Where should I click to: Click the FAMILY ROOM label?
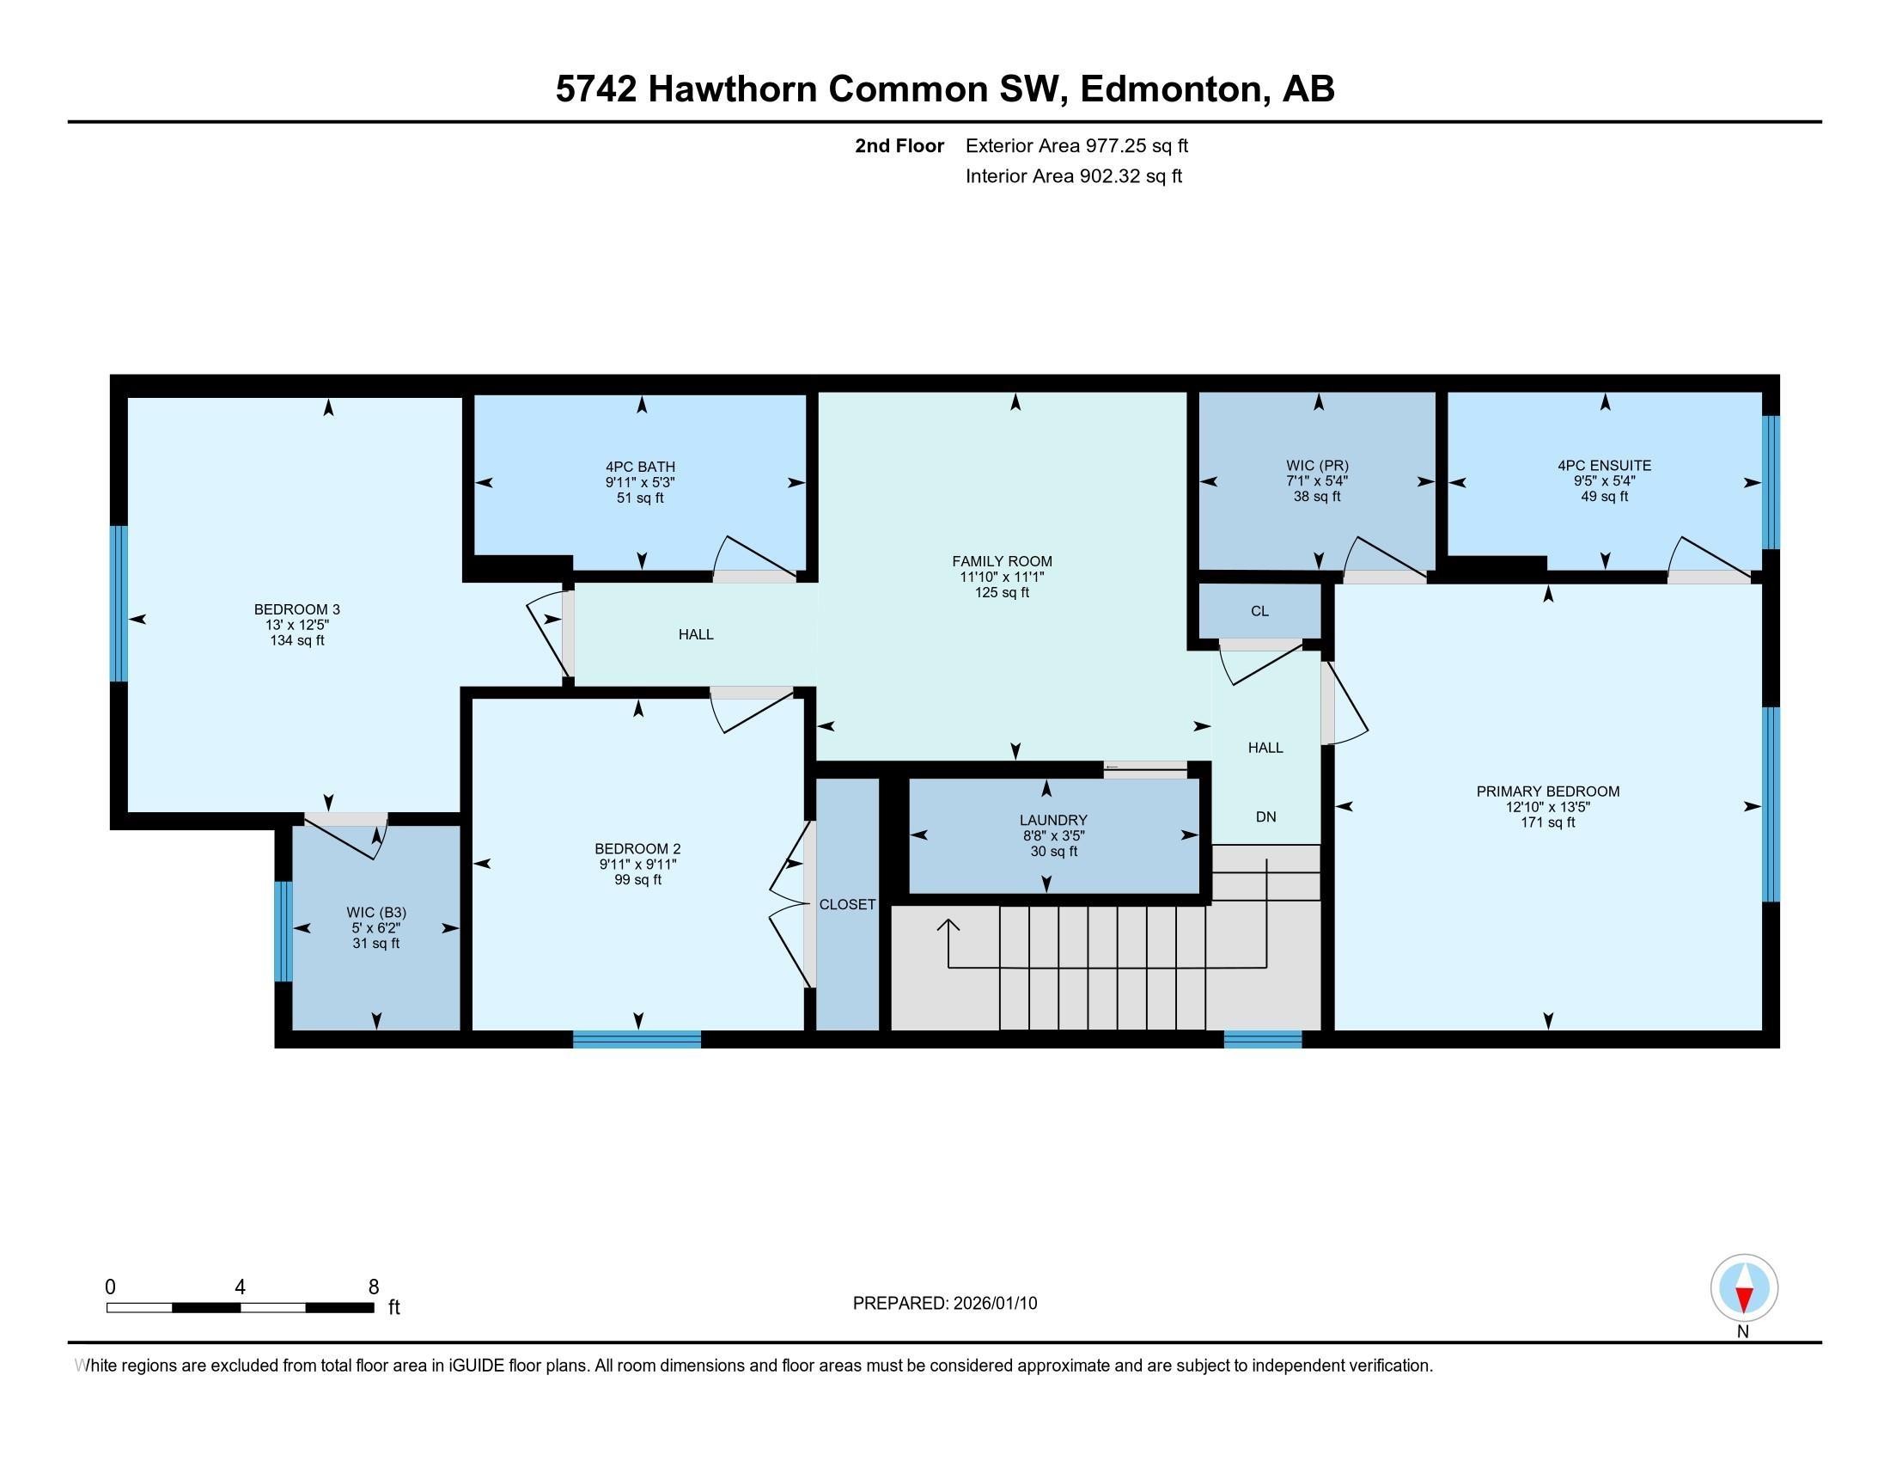tap(1001, 561)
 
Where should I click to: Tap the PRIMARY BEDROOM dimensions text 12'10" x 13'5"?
tap(1547, 807)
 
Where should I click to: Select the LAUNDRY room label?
tap(1052, 820)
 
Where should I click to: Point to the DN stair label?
tap(1265, 816)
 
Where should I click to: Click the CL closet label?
tap(1259, 611)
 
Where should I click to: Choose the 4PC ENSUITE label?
tap(1604, 465)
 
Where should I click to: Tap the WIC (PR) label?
tap(1317, 465)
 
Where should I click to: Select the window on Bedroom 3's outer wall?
tap(119, 603)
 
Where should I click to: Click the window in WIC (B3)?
tap(283, 932)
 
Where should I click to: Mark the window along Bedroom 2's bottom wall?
tap(636, 1040)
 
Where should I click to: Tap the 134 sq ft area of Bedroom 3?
tap(297, 640)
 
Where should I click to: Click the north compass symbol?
tap(1743, 1289)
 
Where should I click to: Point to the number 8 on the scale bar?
tap(373, 1287)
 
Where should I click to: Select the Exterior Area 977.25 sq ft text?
tap(1076, 145)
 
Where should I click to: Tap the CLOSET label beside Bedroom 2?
tap(847, 904)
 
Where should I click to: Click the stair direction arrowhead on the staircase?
tap(948, 926)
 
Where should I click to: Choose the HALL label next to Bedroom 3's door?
tap(696, 634)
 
